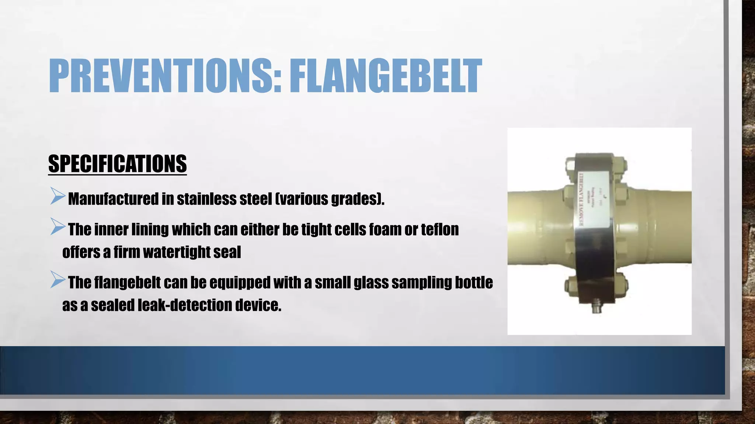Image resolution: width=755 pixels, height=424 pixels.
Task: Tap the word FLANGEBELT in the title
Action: (385, 76)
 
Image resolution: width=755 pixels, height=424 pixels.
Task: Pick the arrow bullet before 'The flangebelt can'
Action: (58, 280)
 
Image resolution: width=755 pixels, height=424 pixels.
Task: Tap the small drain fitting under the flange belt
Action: (596, 307)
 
